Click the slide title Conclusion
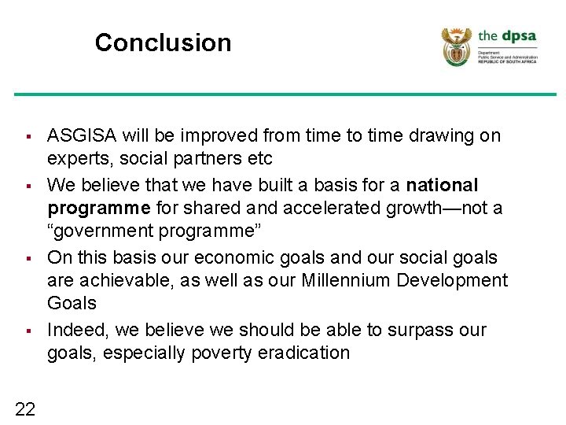coord(163,42)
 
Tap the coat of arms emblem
coord(456,46)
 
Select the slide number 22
coord(24,408)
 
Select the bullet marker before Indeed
coord(28,331)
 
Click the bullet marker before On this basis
coord(28,259)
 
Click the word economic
coord(236,257)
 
